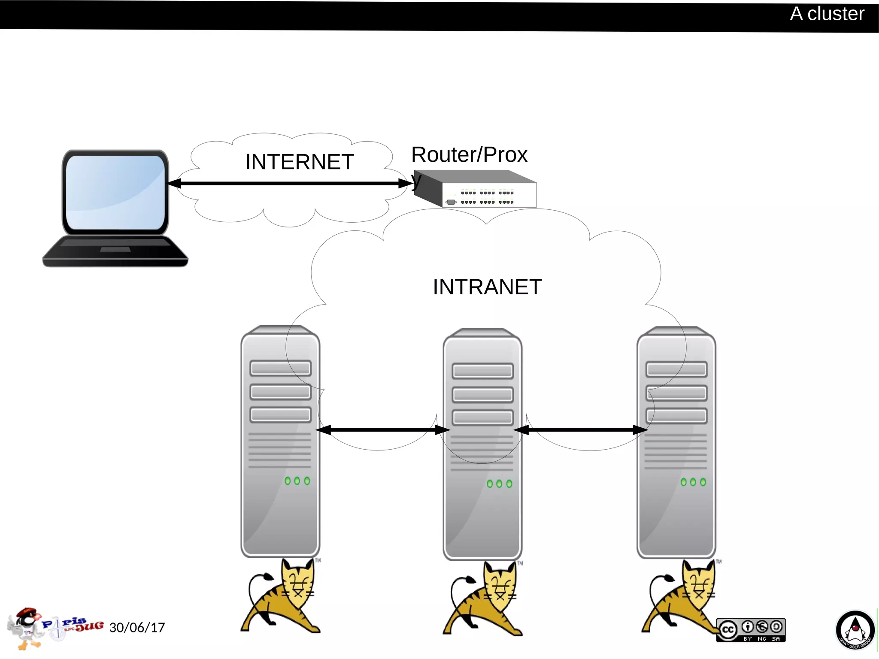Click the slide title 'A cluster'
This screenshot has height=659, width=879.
[827, 14]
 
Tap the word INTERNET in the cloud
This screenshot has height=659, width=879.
[299, 162]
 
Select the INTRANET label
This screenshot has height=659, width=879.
[487, 287]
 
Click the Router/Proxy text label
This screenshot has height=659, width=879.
[469, 155]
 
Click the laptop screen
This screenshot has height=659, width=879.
[115, 192]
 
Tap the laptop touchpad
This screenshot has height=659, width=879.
[115, 249]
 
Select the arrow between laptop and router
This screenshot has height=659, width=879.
[290, 184]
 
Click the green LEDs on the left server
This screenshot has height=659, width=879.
[297, 481]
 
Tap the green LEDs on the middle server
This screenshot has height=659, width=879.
[499, 484]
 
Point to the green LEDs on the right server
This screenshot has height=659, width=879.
[693, 482]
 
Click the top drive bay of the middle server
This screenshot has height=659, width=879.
[482, 371]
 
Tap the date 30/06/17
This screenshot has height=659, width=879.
[137, 628]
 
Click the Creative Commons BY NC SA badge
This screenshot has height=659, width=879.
[751, 630]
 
